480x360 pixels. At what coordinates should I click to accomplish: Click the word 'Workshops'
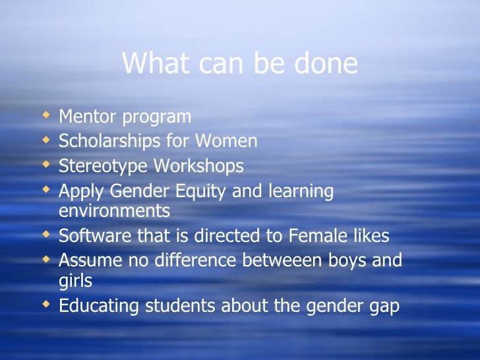click(198, 165)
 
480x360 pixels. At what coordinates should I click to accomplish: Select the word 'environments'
click(114, 210)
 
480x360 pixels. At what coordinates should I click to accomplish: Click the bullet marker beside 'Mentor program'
click(45, 117)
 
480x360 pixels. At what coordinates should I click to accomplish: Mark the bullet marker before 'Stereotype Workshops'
click(45, 165)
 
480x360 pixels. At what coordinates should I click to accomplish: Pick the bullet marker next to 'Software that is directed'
click(45, 235)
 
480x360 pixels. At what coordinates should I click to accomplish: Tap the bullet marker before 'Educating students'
click(45, 305)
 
